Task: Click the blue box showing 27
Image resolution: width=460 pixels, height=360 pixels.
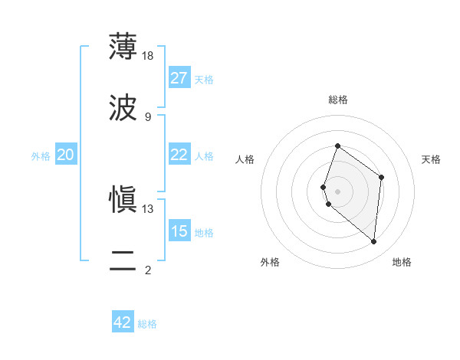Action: point(179,78)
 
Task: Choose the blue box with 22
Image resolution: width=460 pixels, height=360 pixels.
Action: point(179,155)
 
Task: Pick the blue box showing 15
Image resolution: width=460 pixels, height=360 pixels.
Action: point(179,231)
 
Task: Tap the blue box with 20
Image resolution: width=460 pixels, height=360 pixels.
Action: point(65,155)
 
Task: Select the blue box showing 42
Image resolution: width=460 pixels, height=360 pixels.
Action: point(123,322)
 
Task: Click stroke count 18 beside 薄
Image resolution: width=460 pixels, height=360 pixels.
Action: point(148,55)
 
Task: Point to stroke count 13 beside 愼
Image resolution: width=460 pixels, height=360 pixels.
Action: point(148,208)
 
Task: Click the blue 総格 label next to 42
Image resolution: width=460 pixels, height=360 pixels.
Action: point(147,324)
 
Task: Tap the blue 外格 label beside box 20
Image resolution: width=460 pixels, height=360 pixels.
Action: point(41,156)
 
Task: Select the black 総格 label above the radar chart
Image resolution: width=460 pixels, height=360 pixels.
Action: point(337,100)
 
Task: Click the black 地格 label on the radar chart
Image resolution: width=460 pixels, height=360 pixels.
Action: point(402,263)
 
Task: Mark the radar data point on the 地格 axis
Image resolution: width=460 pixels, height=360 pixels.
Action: point(374,241)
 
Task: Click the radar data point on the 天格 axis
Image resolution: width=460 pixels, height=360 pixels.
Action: point(381,177)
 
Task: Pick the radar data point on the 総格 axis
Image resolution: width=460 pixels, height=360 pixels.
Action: point(337,146)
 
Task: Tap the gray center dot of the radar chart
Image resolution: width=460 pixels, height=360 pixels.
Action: point(337,191)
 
